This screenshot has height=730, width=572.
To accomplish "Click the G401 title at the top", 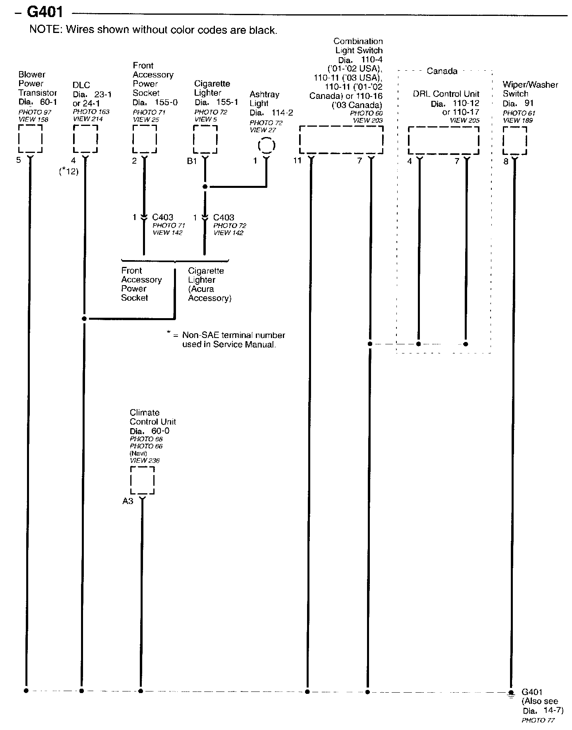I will [x=44, y=12].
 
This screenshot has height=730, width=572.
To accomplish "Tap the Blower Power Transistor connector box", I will [x=30, y=139].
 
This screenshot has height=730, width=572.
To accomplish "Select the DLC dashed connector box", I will [x=85, y=139].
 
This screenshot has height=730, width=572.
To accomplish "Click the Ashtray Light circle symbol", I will [x=266, y=145].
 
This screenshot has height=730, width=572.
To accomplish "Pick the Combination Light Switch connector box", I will [x=341, y=140].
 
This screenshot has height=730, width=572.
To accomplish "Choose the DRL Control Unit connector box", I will [x=443, y=141].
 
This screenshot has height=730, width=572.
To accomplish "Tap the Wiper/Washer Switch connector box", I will [x=515, y=141].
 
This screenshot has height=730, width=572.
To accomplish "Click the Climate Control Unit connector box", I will [x=142, y=480].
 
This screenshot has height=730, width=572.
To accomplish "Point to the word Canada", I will [x=442, y=71].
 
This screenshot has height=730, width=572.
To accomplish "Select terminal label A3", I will [x=128, y=501].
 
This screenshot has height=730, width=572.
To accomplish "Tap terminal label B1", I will [x=192, y=161].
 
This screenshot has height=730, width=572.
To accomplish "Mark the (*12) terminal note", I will [x=69, y=172].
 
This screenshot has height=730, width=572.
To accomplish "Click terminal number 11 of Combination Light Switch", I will [x=298, y=161].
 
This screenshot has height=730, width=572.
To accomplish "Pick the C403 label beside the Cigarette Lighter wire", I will [x=224, y=218].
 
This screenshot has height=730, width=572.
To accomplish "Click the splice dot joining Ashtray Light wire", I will [x=205, y=186].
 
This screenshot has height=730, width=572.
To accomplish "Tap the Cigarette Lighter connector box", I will [x=205, y=139].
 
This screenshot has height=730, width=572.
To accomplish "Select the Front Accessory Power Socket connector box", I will [x=145, y=139].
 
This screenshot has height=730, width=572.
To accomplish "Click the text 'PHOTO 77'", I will [x=538, y=720].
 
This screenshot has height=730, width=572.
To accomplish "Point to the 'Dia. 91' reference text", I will [x=518, y=103].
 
